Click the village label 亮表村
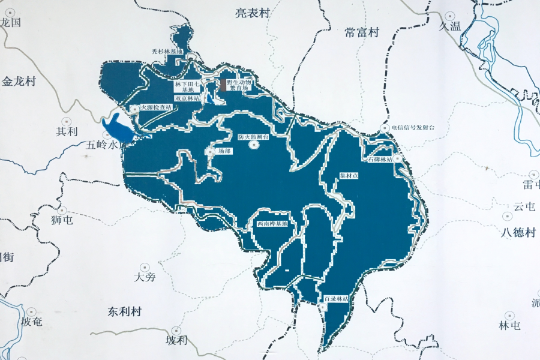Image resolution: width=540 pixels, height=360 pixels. pos(253,13)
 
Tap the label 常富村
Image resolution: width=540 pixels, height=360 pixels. pos(362,33)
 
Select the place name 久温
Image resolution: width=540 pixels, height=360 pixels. pos(449,26)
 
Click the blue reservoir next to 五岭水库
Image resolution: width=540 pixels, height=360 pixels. pos(117,128)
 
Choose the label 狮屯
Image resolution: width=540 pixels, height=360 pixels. pos(61,220)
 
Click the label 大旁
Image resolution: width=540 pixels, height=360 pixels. pos(145,277)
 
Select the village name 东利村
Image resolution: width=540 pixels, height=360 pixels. pos(124,312)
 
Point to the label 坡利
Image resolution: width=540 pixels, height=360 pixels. pos(176,340)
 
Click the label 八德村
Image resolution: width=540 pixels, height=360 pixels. pos(519,232)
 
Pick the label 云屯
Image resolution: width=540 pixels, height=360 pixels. pos(524,206)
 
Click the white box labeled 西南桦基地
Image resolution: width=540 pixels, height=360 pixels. pos(272,224)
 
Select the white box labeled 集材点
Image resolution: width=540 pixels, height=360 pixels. pos(349,176)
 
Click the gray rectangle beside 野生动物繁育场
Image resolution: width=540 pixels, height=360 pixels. pos(223,85)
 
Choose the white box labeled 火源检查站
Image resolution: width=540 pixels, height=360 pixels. pos(156,108)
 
